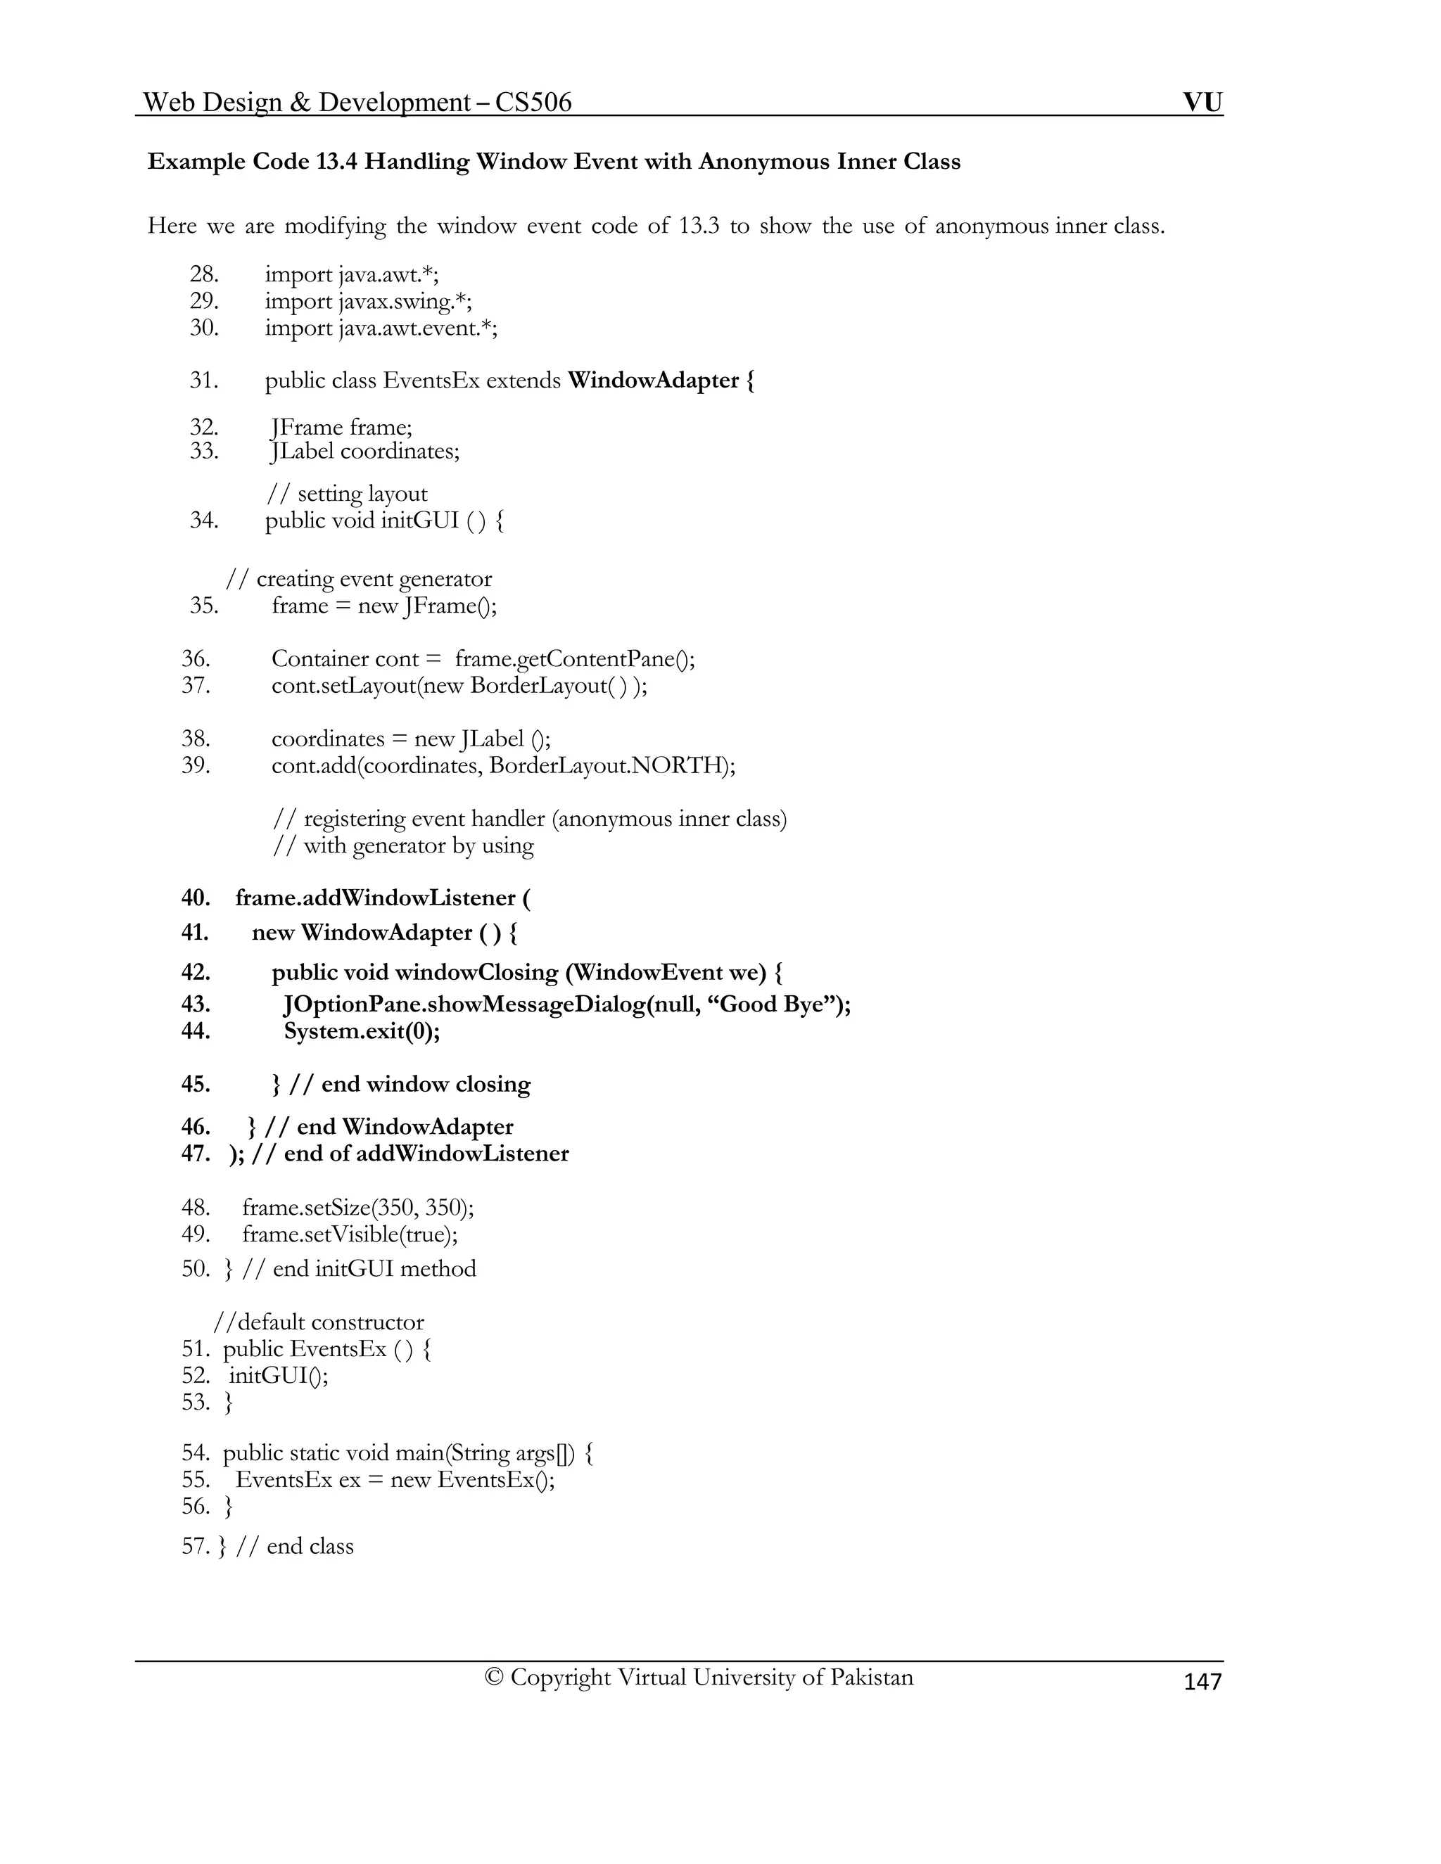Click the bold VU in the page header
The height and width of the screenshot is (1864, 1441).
1202,103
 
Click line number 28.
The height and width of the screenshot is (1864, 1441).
204,275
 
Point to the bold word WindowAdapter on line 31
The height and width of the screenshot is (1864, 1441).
653,380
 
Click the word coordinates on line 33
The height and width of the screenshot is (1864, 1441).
400,451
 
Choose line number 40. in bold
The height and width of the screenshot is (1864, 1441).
196,898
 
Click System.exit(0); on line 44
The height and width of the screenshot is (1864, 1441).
362,1031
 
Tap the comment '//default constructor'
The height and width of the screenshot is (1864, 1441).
319,1322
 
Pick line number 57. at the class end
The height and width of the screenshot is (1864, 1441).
196,1547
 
